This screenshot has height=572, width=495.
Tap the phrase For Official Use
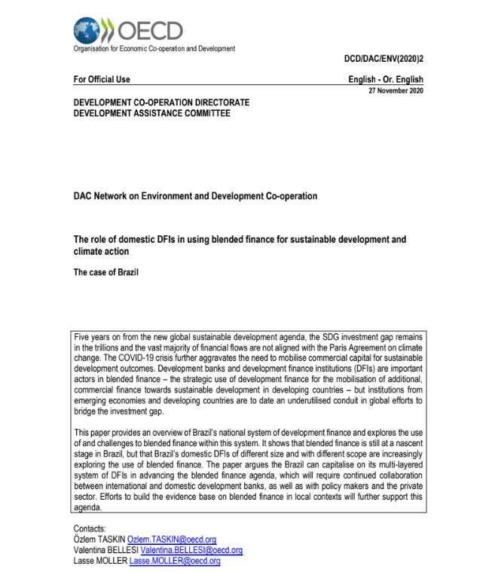tap(102, 79)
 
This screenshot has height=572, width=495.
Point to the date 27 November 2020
tap(396, 90)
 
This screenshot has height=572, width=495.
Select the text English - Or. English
tap(386, 79)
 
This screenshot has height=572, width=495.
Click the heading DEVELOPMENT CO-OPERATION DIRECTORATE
tap(161, 102)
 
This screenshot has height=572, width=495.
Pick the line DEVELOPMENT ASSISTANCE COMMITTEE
tap(151, 114)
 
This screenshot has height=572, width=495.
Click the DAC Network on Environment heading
tap(195, 196)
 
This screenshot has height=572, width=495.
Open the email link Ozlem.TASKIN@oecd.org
tap(172, 540)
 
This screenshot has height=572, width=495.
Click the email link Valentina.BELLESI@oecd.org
tap(191, 550)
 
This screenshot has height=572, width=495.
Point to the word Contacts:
tap(90, 529)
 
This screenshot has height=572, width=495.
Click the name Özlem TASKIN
tap(99, 540)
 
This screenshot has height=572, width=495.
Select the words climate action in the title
tap(101, 251)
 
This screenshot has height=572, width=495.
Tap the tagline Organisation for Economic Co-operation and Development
tap(154, 48)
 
